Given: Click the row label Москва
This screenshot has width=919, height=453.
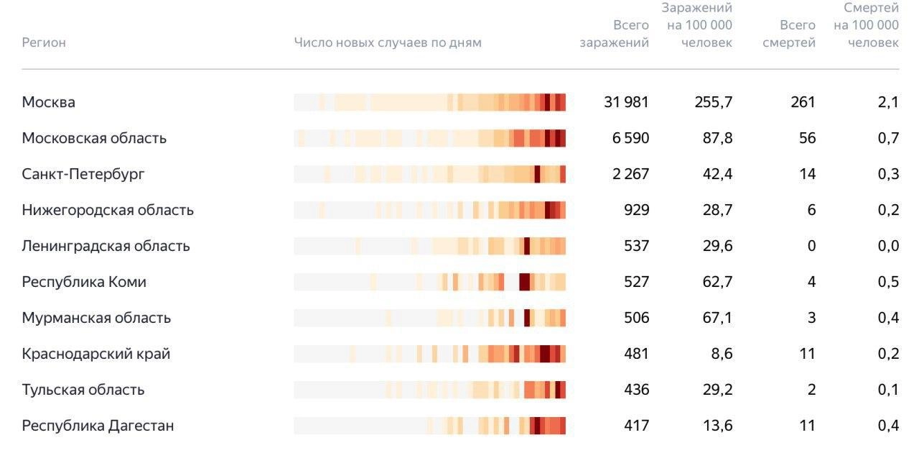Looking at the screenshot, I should pos(48,102).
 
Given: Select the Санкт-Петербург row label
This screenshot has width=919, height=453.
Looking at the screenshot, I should pos(83,174).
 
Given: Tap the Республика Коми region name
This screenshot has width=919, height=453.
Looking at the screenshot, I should pos(84,282).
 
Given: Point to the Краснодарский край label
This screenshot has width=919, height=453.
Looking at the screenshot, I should pos(95,354).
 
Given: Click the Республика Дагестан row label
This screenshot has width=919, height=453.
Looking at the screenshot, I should pos(98,426).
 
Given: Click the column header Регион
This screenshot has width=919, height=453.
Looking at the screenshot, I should pos(44,42).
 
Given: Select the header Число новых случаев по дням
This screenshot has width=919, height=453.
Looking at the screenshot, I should pos(388,42).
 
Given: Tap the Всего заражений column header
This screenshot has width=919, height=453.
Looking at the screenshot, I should pos(615,34).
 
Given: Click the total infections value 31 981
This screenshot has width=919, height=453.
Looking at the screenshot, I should pos(626,102).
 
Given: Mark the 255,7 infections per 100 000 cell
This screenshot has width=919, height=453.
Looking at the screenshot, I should pos(714,102).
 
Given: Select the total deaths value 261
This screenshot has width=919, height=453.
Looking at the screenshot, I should pos(803,102).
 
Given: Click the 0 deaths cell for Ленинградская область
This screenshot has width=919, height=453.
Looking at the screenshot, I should pos(811,246).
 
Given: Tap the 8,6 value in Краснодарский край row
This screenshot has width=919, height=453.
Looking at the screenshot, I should pos(718,354).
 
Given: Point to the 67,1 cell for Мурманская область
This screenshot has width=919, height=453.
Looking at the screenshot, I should pos(717,318).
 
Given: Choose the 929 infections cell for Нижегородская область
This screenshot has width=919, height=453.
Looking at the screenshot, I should pos(637,210).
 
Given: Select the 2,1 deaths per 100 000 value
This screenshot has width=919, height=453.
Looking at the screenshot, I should pos(888,102).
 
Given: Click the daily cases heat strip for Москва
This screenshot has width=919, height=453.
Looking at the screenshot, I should pos(429,102).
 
